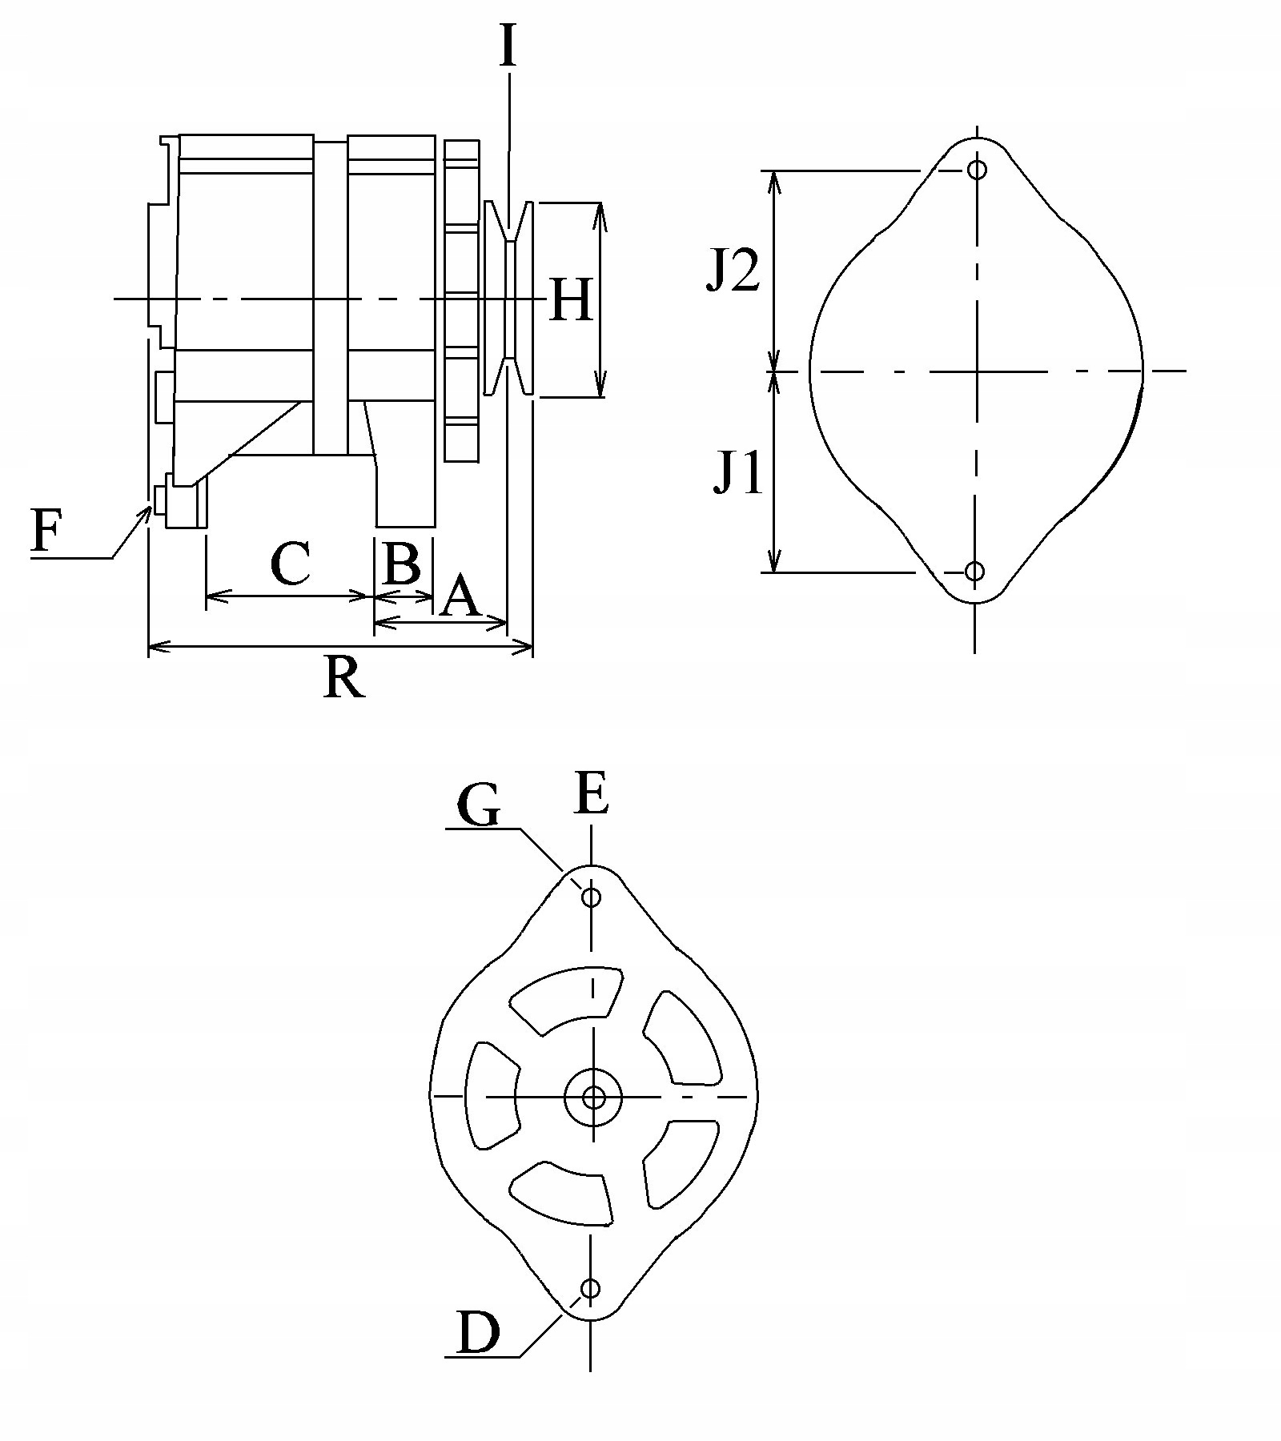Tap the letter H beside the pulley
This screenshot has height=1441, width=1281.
click(x=572, y=300)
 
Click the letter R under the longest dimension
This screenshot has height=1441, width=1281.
click(x=344, y=679)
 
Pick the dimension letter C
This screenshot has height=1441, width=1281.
click(x=290, y=564)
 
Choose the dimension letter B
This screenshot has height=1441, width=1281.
click(x=402, y=564)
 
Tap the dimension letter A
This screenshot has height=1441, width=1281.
click(x=460, y=597)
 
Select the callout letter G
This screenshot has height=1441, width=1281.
click(x=479, y=805)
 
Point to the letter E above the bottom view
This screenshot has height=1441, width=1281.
click(x=592, y=794)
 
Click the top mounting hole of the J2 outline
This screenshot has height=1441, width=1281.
click(x=977, y=170)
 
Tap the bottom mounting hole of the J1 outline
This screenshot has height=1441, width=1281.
click(x=974, y=571)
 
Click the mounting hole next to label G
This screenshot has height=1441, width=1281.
click(x=592, y=897)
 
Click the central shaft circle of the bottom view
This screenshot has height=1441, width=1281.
click(x=593, y=1097)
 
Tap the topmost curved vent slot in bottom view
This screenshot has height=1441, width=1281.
click(x=565, y=1002)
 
